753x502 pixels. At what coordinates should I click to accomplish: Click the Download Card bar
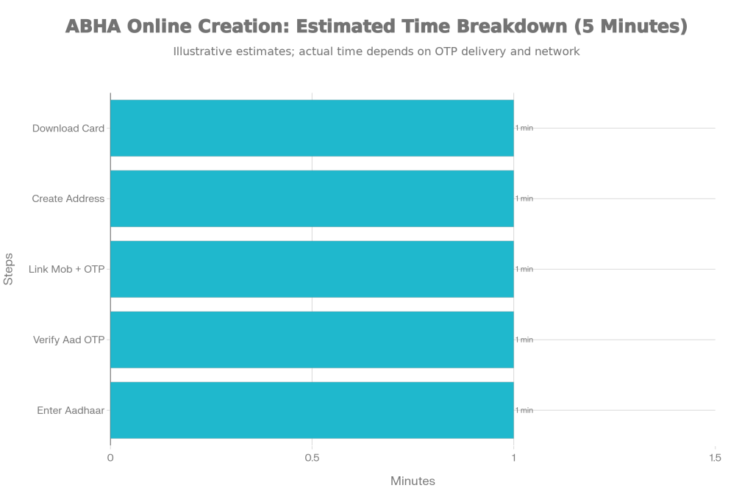pyautogui.click(x=312, y=128)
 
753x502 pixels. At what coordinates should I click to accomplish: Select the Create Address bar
pyautogui.click(x=312, y=198)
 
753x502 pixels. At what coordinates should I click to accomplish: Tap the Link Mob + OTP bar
pyautogui.click(x=312, y=269)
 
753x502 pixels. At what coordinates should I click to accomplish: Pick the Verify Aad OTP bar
pyautogui.click(x=312, y=340)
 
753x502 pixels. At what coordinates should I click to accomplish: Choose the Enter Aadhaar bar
pyautogui.click(x=312, y=410)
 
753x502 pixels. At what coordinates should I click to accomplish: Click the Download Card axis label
pyautogui.click(x=68, y=129)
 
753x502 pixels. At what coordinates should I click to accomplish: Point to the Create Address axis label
pyautogui.click(x=68, y=199)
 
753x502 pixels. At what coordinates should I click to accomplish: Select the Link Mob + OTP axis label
pyautogui.click(x=66, y=270)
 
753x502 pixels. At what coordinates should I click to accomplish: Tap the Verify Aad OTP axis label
pyautogui.click(x=69, y=340)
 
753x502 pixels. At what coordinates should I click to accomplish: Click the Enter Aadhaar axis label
pyautogui.click(x=71, y=411)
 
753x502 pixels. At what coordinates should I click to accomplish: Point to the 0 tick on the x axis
pyautogui.click(x=110, y=458)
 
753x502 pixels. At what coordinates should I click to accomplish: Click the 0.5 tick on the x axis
pyautogui.click(x=312, y=458)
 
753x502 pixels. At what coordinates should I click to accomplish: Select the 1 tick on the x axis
pyautogui.click(x=514, y=458)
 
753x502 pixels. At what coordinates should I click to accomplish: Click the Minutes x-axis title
pyautogui.click(x=413, y=481)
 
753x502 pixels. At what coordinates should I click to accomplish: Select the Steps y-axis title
pyautogui.click(x=10, y=269)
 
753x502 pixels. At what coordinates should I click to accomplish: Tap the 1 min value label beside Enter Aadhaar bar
pyautogui.click(x=524, y=410)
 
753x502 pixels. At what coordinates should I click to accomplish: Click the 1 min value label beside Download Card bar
pyautogui.click(x=524, y=128)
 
